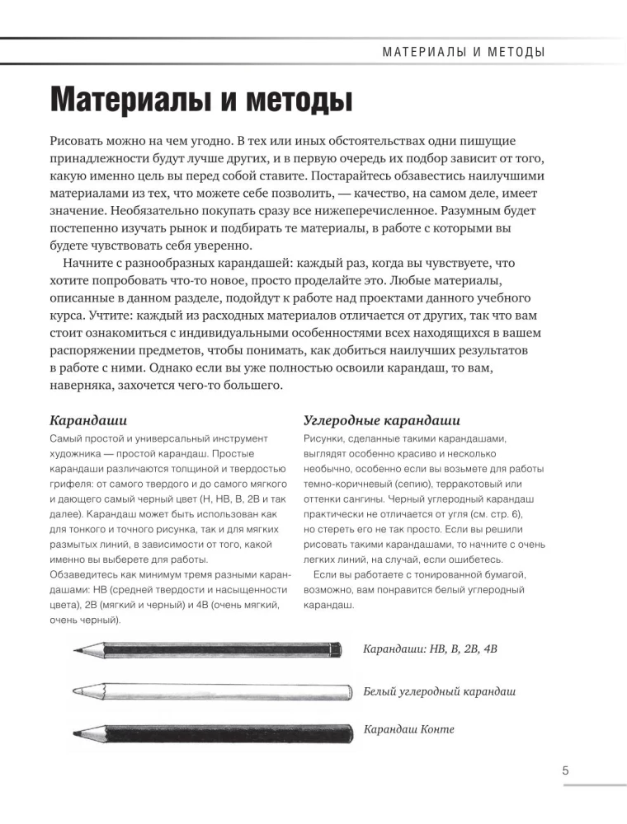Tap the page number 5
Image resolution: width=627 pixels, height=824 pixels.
(565, 771)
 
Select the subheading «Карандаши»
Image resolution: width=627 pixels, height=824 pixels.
(88, 420)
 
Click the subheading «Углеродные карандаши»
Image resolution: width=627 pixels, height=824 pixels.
(382, 420)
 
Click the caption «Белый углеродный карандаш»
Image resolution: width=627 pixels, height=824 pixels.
(440, 691)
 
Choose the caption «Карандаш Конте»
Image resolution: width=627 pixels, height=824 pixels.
(409, 729)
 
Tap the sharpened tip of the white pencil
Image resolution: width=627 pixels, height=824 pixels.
(76, 691)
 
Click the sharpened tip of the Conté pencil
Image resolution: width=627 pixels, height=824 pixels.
(75, 732)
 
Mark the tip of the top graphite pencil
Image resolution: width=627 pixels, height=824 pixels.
(76, 651)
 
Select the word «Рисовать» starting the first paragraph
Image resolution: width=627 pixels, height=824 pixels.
(81, 142)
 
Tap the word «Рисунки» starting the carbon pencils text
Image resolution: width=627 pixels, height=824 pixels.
(323, 438)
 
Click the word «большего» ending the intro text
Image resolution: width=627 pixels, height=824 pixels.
(257, 385)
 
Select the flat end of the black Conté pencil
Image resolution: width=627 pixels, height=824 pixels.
(338, 732)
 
